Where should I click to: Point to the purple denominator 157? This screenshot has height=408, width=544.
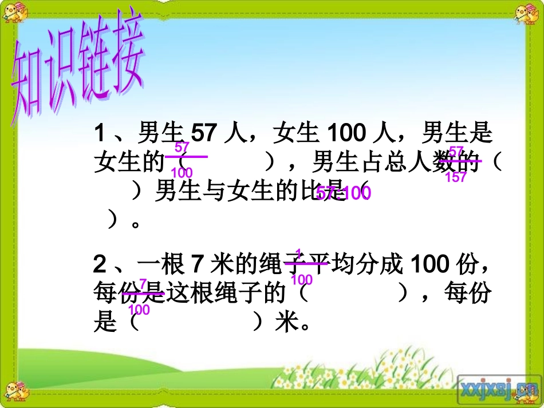456,177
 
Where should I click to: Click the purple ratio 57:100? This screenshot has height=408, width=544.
344,193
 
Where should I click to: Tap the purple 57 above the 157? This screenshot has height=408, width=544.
456,151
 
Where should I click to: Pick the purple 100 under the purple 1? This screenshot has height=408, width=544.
302,280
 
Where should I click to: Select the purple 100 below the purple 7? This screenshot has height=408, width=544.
139,310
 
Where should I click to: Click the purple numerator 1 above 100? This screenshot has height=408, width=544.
298,253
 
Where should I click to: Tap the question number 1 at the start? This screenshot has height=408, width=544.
100,134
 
